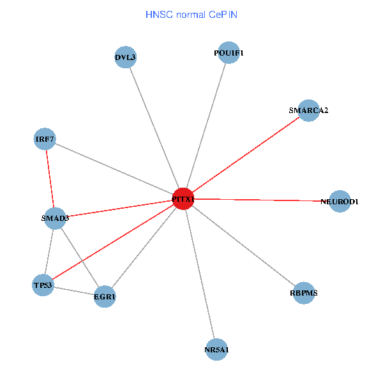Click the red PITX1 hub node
pos(183,199)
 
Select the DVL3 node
pos(126,57)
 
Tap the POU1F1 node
pos(229,53)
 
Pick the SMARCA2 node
pos(308,110)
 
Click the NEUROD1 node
pos(340,201)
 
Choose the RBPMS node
pos(304,293)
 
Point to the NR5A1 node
pos(217,349)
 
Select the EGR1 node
pos(105,297)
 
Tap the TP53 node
pos(43,285)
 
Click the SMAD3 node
pos(55,218)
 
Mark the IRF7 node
pos(45,140)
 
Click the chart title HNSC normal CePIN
pos(191,14)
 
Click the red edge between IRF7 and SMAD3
pos(50,179)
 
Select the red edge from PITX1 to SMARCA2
pos(246,155)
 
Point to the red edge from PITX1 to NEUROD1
pos(262,200)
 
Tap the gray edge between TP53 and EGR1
pos(73,290)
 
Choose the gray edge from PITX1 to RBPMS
pos(243,246)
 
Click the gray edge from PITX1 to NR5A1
pos(200,274)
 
